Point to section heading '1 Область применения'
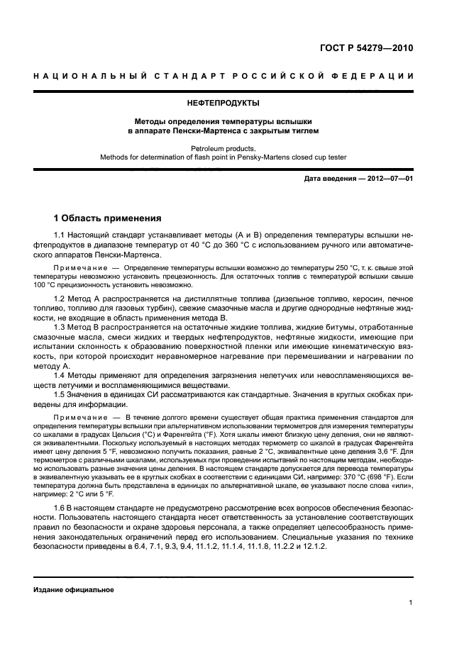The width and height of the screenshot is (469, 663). pyautogui.click(x=107, y=218)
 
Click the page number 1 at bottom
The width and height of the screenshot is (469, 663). pyautogui.click(x=411, y=603)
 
